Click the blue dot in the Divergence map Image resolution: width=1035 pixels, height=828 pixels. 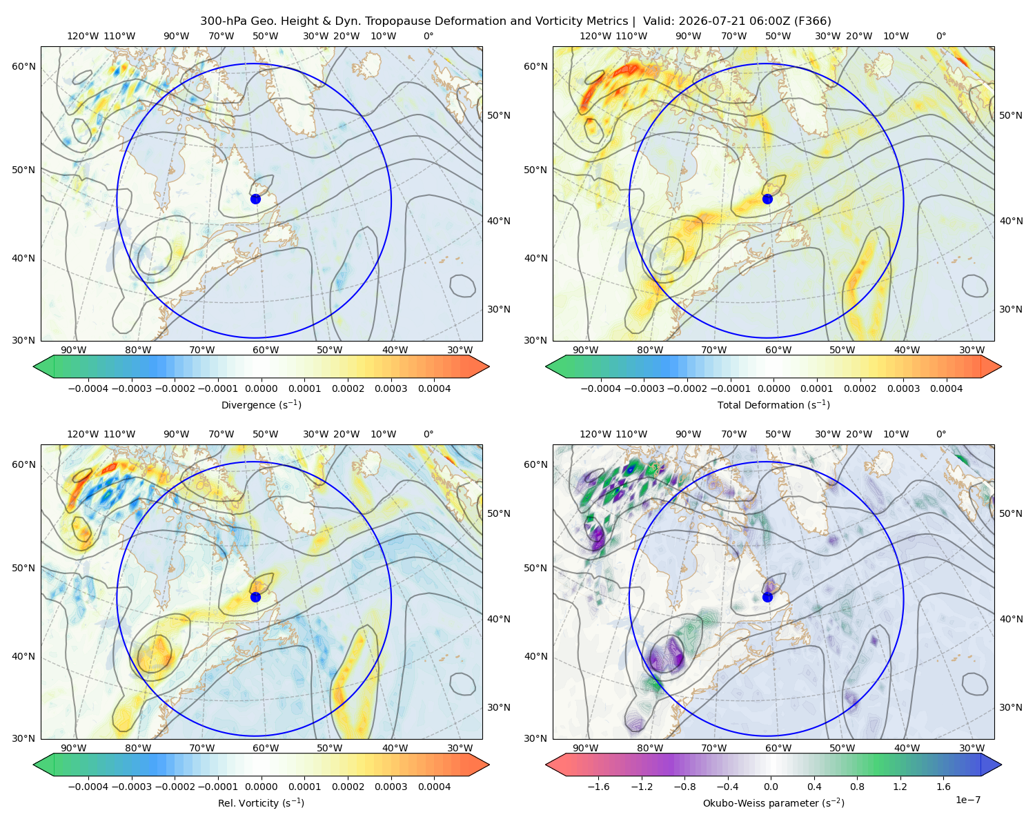click(255, 199)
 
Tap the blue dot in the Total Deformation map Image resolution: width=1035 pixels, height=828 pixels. click(767, 199)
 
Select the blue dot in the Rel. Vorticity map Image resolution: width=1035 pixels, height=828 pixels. click(255, 597)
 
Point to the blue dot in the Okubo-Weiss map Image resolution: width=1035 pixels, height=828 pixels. click(767, 597)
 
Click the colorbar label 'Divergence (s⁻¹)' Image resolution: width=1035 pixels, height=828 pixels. click(261, 404)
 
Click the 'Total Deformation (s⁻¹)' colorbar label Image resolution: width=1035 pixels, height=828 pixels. click(773, 404)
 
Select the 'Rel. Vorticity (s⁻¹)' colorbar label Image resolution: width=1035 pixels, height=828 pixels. click(261, 802)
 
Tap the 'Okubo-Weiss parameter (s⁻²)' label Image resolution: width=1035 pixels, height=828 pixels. click(773, 802)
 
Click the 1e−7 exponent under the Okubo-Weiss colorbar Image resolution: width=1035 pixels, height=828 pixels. click(967, 800)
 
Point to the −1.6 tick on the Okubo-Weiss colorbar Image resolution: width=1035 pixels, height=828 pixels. click(598, 786)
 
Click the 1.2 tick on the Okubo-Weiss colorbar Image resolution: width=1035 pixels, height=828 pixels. click(900, 786)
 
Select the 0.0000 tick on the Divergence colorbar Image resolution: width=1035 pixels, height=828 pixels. click(261, 388)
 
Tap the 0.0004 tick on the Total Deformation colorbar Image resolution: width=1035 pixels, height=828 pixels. click(946, 388)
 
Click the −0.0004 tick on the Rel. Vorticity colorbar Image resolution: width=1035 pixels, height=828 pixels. click(88, 786)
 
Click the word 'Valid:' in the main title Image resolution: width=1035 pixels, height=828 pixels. click(659, 21)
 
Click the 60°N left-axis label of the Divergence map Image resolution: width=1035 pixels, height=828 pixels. click(23, 66)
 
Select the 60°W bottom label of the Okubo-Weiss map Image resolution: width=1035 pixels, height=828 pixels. click(778, 748)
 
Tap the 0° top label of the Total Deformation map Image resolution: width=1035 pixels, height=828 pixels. click(940, 36)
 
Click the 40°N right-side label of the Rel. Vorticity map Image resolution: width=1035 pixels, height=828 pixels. click(499, 619)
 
